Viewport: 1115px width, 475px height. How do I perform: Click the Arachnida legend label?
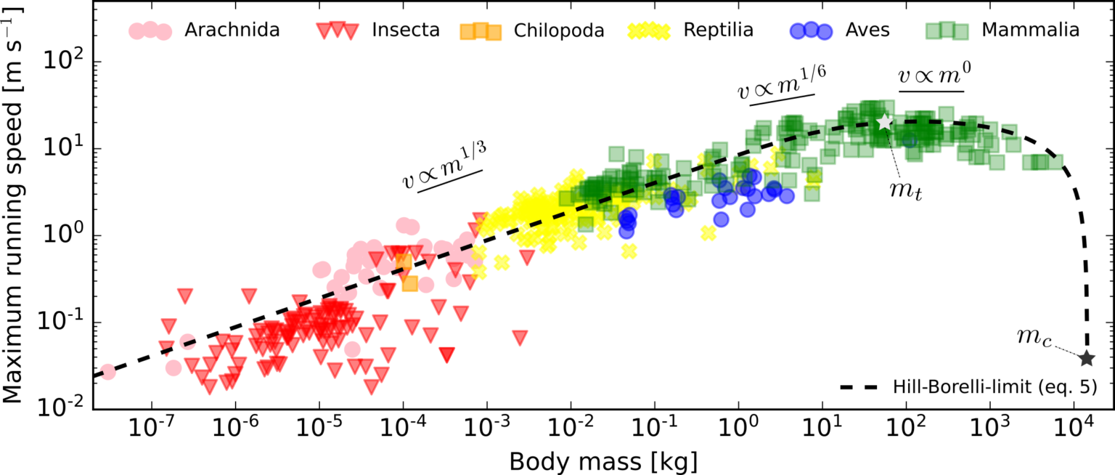pos(232,31)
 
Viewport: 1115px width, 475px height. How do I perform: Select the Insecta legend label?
pos(406,31)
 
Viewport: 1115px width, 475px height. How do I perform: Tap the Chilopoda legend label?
pos(559,31)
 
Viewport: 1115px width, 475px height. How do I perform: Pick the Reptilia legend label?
pos(718,31)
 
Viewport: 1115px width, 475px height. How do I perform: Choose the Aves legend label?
pos(867,31)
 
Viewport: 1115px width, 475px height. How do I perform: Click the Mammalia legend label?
pos(1030,31)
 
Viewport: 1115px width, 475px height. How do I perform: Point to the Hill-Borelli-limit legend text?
pos(994,387)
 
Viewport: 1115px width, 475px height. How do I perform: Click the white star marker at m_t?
pos(884,122)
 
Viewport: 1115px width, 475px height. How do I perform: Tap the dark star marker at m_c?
pos(1087,358)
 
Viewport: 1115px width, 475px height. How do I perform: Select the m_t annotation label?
pos(905,190)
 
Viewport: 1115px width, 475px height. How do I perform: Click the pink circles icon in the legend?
pos(150,31)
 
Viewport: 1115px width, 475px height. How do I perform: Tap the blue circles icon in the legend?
pos(812,31)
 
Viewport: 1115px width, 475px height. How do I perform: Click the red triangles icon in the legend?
pos(338,31)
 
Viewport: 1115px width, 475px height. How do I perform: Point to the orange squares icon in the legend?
pos(481,31)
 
